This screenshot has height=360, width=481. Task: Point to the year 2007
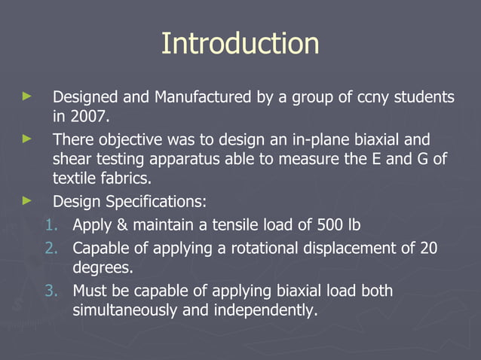pyautogui.click(x=88, y=117)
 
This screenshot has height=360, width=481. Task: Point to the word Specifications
pyautogui.click(x=154, y=202)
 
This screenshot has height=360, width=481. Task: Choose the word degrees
pyautogui.click(x=100, y=268)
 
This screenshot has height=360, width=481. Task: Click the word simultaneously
pyautogui.click(x=126, y=310)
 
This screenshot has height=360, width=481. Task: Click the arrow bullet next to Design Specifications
pyautogui.click(x=28, y=201)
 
